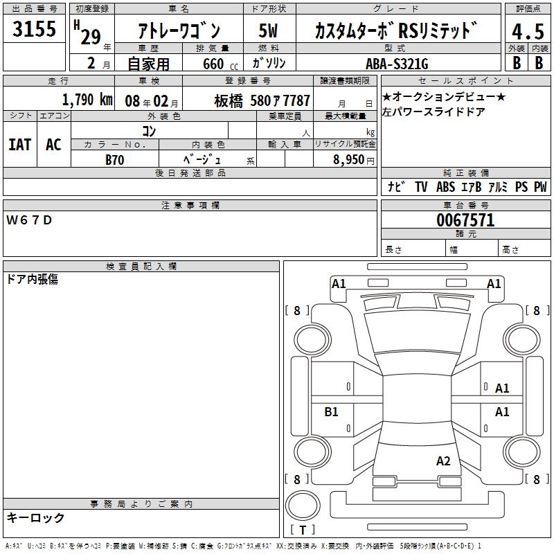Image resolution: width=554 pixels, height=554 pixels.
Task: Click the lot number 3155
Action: coord(34,28)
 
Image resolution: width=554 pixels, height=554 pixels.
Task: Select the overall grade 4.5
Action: coord(528,32)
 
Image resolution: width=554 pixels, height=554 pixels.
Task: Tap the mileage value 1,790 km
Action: coord(87,100)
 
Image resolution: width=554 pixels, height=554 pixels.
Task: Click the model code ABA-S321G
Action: coord(397,64)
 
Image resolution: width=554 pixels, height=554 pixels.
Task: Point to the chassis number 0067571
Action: coord(465,220)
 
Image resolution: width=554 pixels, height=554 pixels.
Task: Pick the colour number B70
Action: coord(115,160)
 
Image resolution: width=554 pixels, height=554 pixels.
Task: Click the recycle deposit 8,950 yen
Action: coord(354,160)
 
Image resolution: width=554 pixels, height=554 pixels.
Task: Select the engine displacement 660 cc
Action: coord(220,64)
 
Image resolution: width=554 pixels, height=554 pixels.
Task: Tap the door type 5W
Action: coord(268,30)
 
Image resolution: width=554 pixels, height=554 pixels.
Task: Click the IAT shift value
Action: coord(20,145)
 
